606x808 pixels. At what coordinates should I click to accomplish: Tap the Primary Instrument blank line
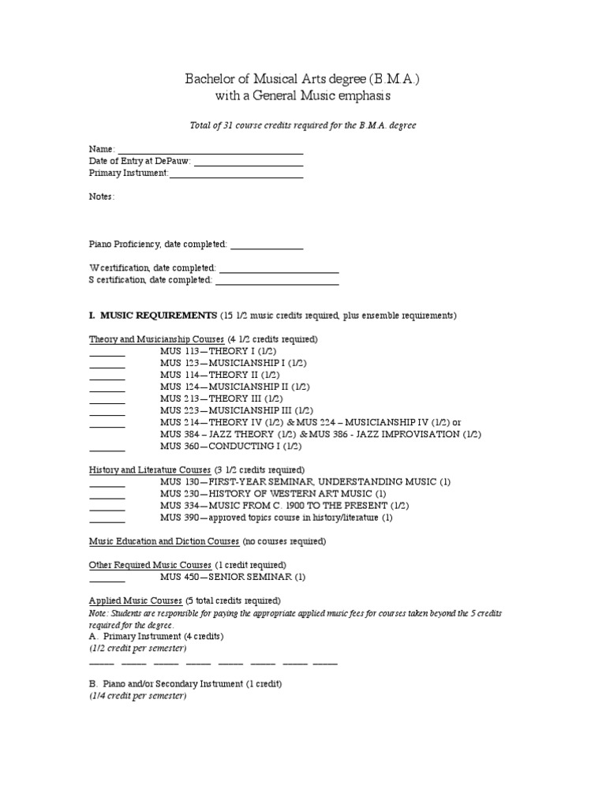pyautogui.click(x=237, y=174)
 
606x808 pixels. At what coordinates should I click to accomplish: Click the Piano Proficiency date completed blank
pyautogui.click(x=267, y=246)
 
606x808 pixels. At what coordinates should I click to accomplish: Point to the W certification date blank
pyautogui.click(x=279, y=269)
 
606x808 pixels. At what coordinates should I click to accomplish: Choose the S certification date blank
pyautogui.click(x=277, y=281)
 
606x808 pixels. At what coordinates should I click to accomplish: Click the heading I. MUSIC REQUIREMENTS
pyautogui.click(x=152, y=316)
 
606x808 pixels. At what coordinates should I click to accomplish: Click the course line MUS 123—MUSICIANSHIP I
pyautogui.click(x=234, y=363)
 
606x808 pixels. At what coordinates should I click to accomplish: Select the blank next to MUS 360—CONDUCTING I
pyautogui.click(x=107, y=447)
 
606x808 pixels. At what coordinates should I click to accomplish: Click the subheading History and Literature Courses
pyautogui.click(x=150, y=470)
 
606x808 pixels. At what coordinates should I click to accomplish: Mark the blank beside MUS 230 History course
pyautogui.click(x=107, y=495)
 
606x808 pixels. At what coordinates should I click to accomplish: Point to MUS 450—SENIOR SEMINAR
pyautogui.click(x=233, y=577)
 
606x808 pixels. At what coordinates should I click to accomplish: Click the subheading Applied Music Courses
pyautogui.click(x=135, y=601)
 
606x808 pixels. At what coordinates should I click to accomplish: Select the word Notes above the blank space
pyautogui.click(x=101, y=196)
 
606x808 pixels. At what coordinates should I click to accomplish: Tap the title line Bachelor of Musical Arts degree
pyautogui.click(x=303, y=79)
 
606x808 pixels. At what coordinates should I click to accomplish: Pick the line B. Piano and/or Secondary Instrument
pyautogui.click(x=185, y=683)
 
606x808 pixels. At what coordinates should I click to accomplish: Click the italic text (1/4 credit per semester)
pyautogui.click(x=138, y=696)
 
